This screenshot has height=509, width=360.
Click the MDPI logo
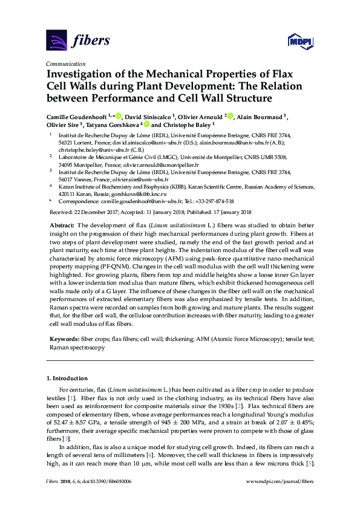[x=297, y=41]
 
